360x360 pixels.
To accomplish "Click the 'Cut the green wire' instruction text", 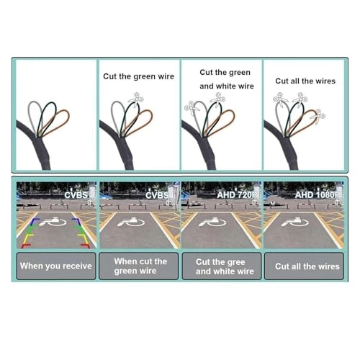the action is click(x=138, y=76).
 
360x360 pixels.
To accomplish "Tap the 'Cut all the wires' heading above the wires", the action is click(x=305, y=81).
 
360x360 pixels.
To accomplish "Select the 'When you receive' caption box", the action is click(x=56, y=266).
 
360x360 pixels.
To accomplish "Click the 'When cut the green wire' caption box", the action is click(x=139, y=266).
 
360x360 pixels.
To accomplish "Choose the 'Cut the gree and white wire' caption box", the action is click(x=222, y=266).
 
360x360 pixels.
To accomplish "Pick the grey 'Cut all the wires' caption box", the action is click(x=304, y=266).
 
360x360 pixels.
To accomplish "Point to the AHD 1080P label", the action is click(x=318, y=195).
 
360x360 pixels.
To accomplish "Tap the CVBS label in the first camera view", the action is click(x=76, y=195).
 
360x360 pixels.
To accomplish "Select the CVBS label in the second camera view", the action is click(x=157, y=195).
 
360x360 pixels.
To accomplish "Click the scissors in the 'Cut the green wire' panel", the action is click(x=136, y=99).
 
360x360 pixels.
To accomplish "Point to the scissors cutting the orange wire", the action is click(x=318, y=117).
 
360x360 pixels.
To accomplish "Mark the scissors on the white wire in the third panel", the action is click(x=192, y=109).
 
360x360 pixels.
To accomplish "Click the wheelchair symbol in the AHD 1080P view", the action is click(x=295, y=222).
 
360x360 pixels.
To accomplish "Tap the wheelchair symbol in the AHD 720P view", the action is click(x=212, y=222).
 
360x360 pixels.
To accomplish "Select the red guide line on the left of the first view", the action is click(x=26, y=246).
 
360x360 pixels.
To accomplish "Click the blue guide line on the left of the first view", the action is click(x=35, y=221).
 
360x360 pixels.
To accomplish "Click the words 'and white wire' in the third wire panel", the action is click(x=227, y=86).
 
